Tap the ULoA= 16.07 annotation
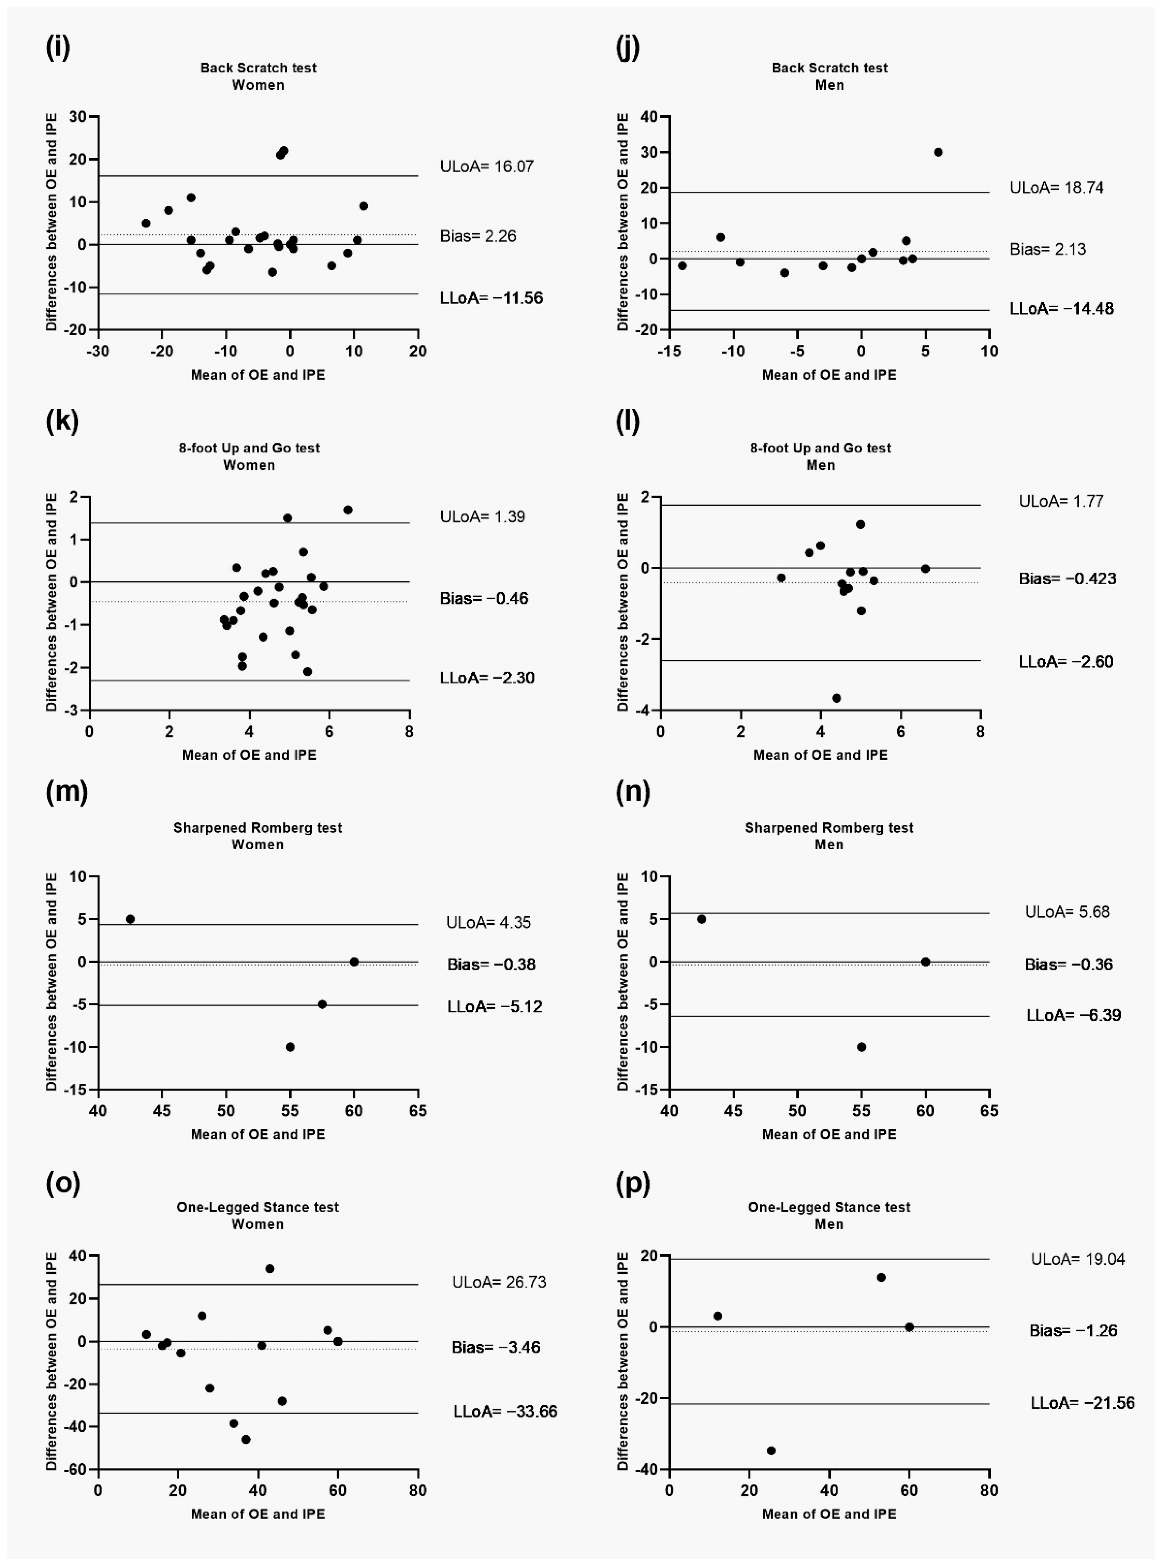click(486, 166)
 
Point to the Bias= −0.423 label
click(1067, 579)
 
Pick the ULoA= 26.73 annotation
click(499, 1282)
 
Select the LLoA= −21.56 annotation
click(1082, 1403)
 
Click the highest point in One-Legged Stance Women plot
click(269, 1268)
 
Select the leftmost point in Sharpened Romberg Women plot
click(130, 919)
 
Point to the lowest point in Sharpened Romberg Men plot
click(861, 1047)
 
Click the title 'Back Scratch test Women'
click(258, 76)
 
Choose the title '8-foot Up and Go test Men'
click(820, 456)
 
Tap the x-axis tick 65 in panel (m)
click(417, 1111)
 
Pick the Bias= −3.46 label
click(496, 1348)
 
